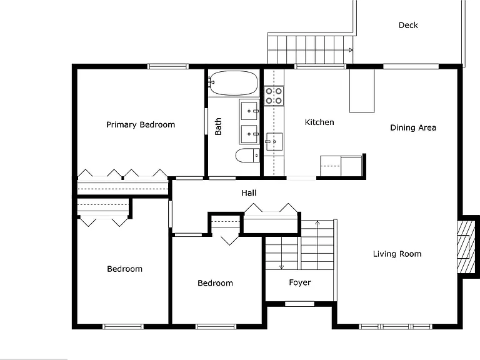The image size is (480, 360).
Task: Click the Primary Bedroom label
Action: click(x=141, y=124)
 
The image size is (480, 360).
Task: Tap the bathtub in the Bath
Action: click(x=233, y=83)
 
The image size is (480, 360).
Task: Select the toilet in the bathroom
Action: click(x=247, y=156)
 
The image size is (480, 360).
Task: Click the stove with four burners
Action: click(x=274, y=96)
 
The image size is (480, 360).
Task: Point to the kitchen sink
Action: click(x=274, y=141)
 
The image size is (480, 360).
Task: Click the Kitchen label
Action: click(x=319, y=122)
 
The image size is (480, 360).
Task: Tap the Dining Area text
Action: click(x=413, y=127)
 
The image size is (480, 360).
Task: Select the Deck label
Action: click(x=408, y=25)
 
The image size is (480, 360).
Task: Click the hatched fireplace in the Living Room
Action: click(x=464, y=247)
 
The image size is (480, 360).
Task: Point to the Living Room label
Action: click(x=397, y=254)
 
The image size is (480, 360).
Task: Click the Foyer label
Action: click(x=300, y=282)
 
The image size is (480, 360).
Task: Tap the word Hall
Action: click(x=249, y=193)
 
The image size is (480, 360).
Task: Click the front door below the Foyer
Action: click(x=300, y=304)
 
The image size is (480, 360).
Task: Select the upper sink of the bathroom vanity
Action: click(x=249, y=111)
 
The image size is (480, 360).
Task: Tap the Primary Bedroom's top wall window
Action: click(x=168, y=66)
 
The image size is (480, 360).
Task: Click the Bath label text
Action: click(x=218, y=126)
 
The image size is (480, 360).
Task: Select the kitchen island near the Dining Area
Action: click(x=362, y=91)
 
